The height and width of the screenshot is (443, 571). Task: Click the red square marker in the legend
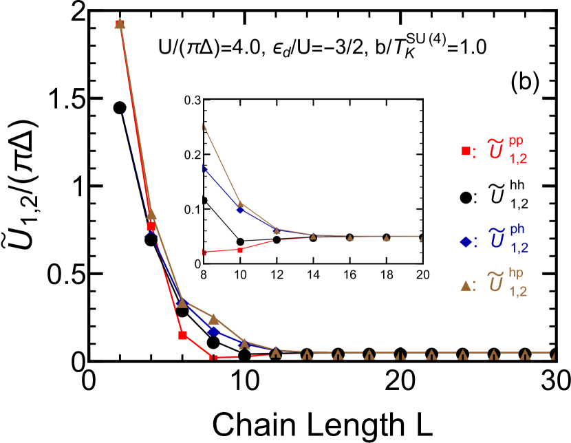pos(466,151)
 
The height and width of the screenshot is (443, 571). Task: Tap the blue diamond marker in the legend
pos(466,241)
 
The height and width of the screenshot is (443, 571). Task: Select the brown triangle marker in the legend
pos(466,285)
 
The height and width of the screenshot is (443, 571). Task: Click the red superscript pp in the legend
pos(516,141)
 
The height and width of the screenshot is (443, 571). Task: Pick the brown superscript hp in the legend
pos(516,273)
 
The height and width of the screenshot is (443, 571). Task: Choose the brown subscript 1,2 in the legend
pos(518,291)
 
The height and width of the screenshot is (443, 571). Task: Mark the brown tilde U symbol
pos(495,281)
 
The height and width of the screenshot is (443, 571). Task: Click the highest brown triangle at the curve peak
pos(120,23)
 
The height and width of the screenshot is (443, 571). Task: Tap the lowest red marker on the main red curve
pos(214,358)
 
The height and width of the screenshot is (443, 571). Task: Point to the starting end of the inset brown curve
pos(204,127)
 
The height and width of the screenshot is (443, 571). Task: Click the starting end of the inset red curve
pos(204,252)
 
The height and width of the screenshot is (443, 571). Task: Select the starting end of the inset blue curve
pos(204,169)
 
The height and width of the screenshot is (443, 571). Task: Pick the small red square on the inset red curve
pos(240,250)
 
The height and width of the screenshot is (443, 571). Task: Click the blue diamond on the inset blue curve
pos(240,210)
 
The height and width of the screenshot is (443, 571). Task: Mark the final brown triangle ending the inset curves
pos(421,237)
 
